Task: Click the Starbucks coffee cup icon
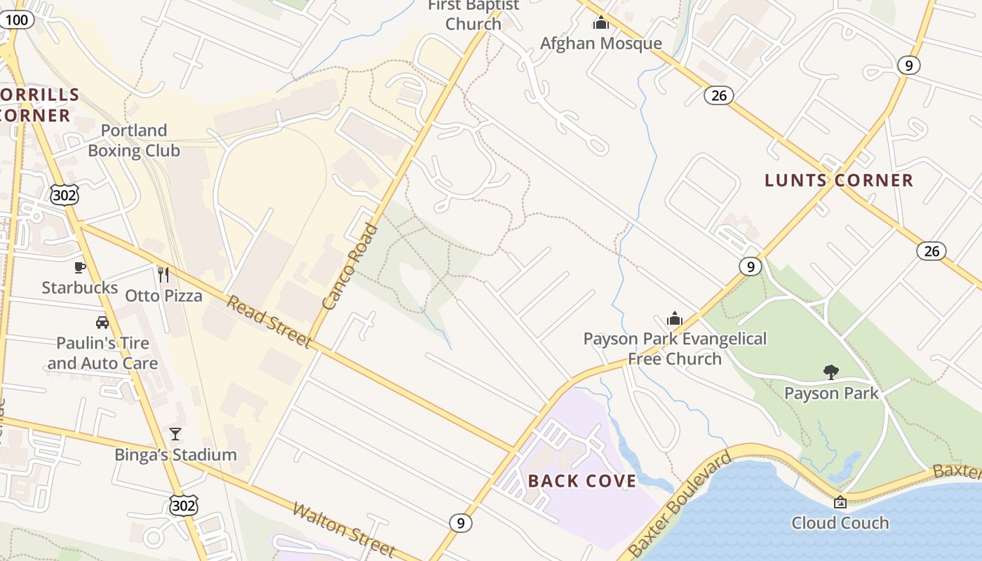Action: (80, 267)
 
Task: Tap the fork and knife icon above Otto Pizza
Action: (163, 275)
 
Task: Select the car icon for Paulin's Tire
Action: (102, 323)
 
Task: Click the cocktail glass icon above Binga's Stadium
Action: (175, 434)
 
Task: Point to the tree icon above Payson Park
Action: (831, 372)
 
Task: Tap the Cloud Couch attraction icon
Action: (840, 502)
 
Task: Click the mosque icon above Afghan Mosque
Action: (601, 23)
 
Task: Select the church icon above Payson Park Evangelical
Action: (675, 318)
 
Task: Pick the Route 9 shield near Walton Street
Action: (460, 522)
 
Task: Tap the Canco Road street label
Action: (351, 266)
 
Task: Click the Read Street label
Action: (269, 321)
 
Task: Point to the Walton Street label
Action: (344, 528)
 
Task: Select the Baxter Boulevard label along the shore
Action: (679, 506)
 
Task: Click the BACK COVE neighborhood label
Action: (582, 481)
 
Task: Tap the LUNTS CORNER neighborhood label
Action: (839, 180)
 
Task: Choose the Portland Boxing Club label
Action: (133, 140)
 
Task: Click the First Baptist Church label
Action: (473, 15)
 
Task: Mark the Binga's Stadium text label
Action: (175, 455)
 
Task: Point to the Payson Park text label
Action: (831, 393)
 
